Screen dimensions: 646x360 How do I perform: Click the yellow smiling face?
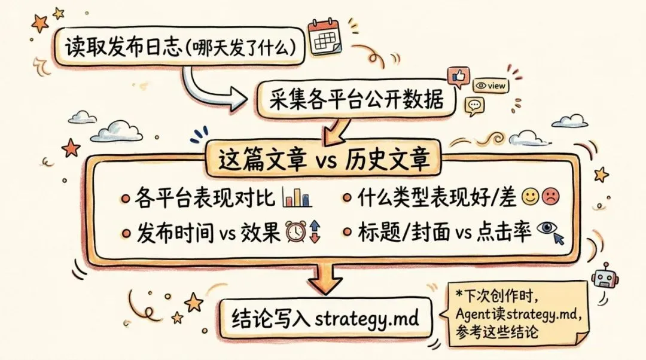pos(530,196)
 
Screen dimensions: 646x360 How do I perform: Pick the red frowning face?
pos(550,196)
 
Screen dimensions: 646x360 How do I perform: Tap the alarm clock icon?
pos(295,232)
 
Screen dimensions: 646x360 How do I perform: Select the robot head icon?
pos(605,278)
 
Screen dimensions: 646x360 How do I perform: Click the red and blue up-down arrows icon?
pos(315,232)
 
